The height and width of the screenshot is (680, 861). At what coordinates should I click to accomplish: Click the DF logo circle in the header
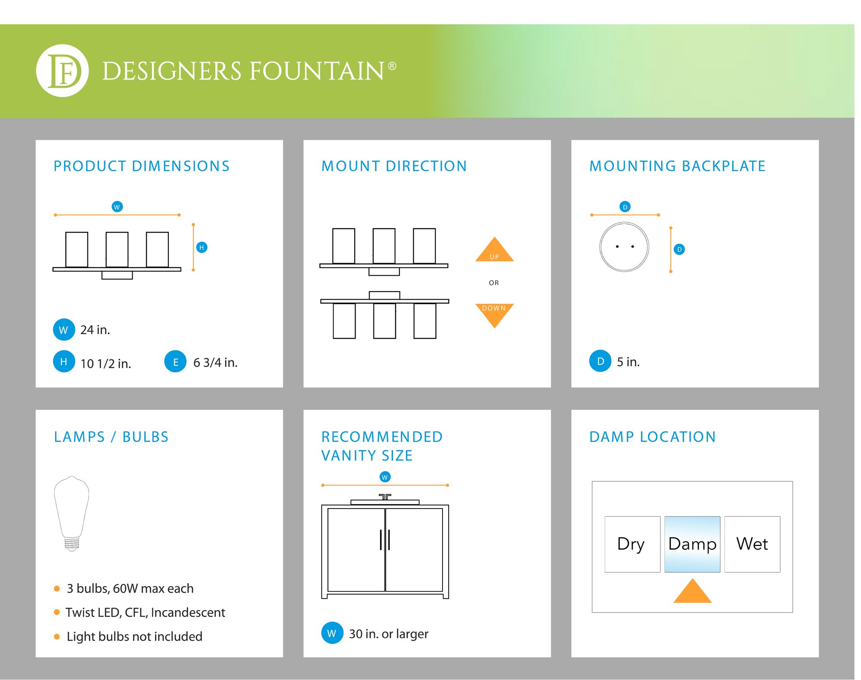62,71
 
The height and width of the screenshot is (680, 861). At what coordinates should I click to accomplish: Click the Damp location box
692,544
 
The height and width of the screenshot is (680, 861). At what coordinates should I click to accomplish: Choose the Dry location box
632,544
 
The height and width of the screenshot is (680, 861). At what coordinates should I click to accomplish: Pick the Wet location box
752,544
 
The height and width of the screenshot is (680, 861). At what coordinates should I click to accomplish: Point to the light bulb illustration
71,513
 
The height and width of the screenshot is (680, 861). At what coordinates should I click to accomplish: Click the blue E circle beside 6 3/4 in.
175,362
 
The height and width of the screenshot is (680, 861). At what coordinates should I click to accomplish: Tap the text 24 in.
95,330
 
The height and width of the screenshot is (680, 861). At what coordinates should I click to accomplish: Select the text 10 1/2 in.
105,363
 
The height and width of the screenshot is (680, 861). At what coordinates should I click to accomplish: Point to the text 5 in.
628,362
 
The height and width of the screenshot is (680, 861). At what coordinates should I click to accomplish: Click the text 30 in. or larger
388,633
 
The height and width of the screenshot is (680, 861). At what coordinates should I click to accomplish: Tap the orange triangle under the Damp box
692,590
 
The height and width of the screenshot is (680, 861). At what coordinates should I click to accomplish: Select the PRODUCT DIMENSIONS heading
142,166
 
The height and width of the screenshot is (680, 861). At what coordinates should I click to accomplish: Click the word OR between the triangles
494,283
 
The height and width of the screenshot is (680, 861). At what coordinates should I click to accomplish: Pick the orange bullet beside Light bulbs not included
57,637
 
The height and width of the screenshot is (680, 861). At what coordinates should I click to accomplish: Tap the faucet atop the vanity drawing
385,497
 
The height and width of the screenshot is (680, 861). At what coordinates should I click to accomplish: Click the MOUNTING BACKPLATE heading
677,166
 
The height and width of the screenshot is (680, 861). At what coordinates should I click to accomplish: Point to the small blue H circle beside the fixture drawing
201,247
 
